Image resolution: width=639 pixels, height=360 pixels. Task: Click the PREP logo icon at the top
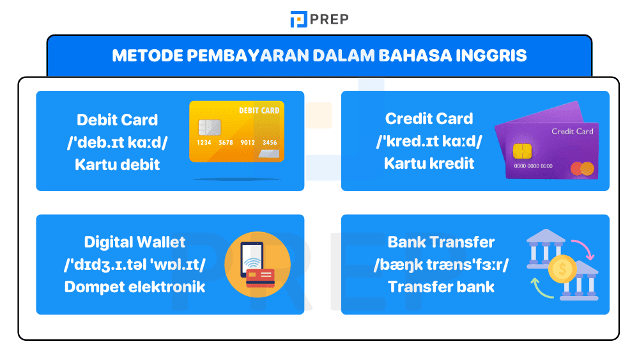(x=298, y=19)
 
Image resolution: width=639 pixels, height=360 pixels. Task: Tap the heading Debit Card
(x=117, y=120)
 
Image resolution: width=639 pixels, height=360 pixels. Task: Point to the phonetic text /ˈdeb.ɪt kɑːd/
(x=117, y=142)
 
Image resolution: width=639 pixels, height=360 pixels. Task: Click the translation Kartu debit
(x=117, y=164)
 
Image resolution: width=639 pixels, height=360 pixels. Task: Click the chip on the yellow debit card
(x=210, y=127)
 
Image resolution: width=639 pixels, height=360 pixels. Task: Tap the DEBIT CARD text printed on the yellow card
(x=259, y=111)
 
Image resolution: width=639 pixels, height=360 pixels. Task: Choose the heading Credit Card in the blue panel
(x=429, y=118)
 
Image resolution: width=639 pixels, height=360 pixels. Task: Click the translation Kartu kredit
(x=429, y=163)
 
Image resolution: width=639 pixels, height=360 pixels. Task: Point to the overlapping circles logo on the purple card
(x=582, y=169)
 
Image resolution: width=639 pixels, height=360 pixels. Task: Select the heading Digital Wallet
(x=135, y=242)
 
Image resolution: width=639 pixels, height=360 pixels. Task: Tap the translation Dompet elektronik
(x=135, y=286)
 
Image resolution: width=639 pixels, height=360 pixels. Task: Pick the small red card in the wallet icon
(x=260, y=278)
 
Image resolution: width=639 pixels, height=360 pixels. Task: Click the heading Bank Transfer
(x=441, y=242)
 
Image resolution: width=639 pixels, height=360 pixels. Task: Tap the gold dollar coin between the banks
(x=562, y=269)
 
